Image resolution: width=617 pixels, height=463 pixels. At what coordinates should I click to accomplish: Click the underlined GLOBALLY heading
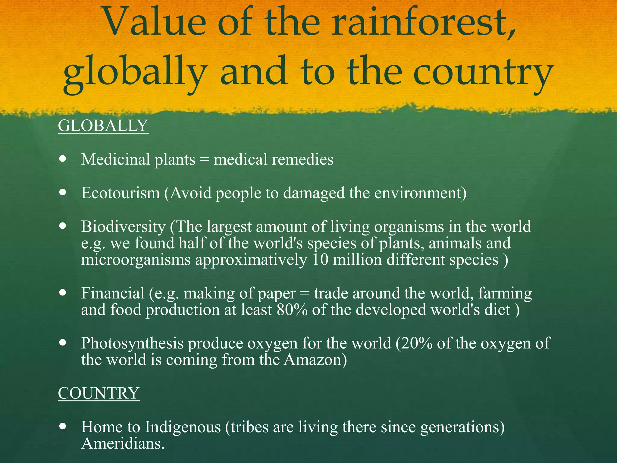pyautogui.click(x=103, y=126)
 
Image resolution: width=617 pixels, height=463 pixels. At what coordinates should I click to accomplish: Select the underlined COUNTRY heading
pyautogui.click(x=99, y=393)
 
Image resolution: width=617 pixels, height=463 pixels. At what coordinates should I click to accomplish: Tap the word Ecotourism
pyautogui.click(x=120, y=193)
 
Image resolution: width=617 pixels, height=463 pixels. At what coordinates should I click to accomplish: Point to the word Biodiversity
pyautogui.click(x=123, y=226)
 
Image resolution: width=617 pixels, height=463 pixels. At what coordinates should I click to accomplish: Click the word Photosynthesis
pyautogui.click(x=132, y=343)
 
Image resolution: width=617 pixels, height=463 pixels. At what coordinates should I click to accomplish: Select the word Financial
pyautogui.click(x=113, y=293)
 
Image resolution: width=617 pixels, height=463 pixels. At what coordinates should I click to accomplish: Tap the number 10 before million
pyautogui.click(x=320, y=260)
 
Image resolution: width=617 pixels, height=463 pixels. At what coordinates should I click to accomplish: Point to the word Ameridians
pyautogui.click(x=123, y=444)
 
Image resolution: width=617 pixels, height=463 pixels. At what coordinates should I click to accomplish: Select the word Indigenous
pyautogui.click(x=183, y=427)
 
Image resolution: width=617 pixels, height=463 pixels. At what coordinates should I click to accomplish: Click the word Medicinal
pyautogui.click(x=115, y=159)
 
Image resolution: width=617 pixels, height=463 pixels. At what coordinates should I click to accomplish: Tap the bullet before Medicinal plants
pyautogui.click(x=63, y=159)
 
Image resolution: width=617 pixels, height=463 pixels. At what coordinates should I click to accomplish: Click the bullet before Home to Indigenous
pyautogui.click(x=63, y=426)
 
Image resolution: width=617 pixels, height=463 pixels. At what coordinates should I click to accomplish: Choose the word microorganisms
pyautogui.click(x=136, y=260)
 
